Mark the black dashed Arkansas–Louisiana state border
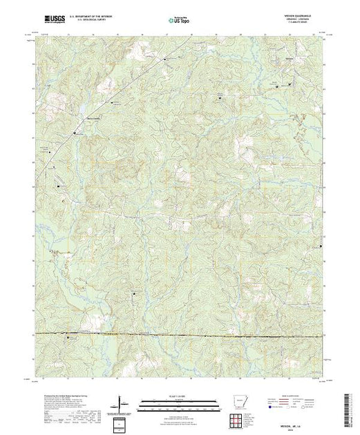(180, 335)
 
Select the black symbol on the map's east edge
(320, 245)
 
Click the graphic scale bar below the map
(179, 403)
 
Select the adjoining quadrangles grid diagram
(240, 420)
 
